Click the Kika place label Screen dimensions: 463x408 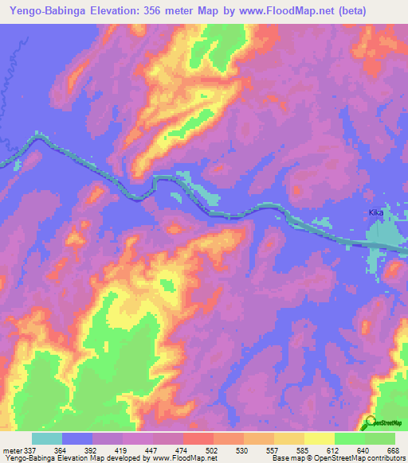[x=376, y=213]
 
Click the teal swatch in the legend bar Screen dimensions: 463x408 [x=46, y=438]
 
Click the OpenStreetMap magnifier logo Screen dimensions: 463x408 [x=368, y=422]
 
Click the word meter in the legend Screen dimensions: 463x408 [x=14, y=450]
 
